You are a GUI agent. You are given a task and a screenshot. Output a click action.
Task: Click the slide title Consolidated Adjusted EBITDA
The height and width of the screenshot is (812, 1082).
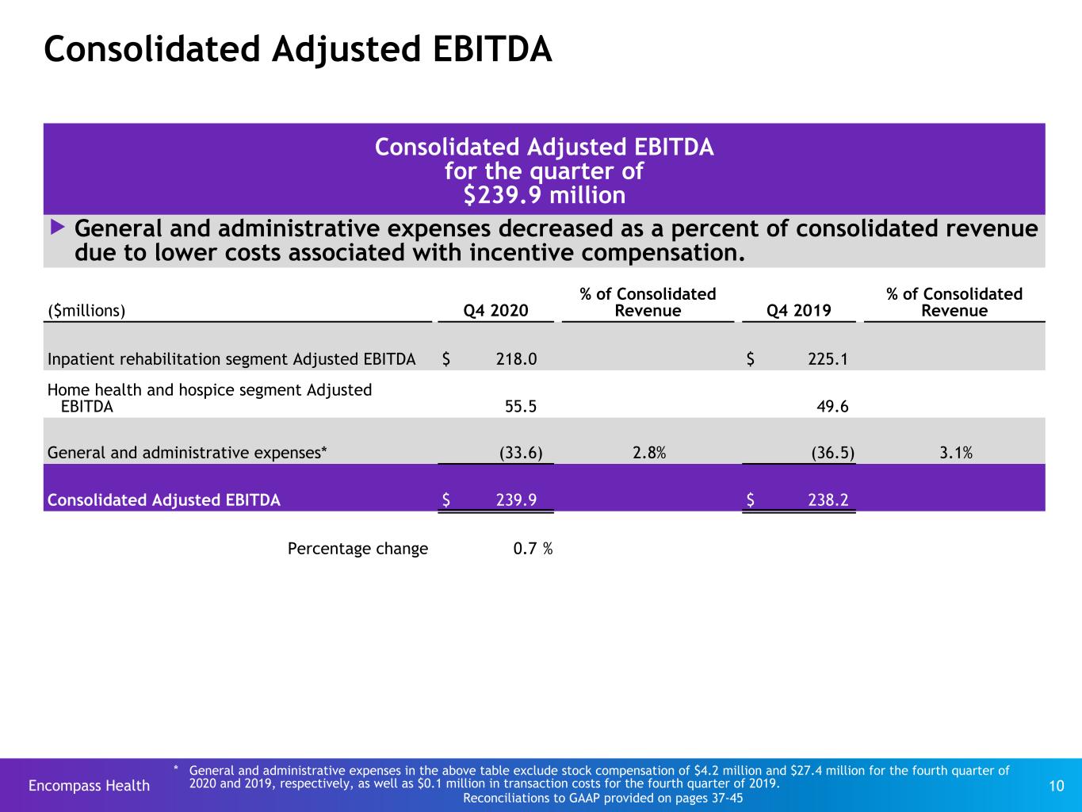tap(298, 50)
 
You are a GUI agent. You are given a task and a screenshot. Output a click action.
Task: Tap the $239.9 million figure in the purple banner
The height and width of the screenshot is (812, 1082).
tap(545, 195)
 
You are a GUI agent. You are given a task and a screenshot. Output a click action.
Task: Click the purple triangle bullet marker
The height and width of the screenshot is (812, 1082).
tap(58, 228)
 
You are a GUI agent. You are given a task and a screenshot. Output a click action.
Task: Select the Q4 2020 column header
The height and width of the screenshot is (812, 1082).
tap(495, 310)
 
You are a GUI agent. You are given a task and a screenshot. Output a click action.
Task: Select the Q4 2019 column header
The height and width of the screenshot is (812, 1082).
tap(798, 310)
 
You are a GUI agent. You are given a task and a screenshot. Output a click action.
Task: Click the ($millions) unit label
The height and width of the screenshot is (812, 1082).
tap(86, 311)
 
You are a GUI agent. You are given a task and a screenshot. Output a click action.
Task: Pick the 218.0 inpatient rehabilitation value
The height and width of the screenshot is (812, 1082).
tap(516, 359)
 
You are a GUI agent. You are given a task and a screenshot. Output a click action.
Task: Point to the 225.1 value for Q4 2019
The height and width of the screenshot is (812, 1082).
tap(828, 359)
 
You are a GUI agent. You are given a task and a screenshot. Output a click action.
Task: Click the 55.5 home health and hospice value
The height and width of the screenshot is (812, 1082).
tap(521, 406)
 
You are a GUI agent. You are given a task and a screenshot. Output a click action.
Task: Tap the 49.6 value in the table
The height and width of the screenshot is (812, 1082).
tap(832, 406)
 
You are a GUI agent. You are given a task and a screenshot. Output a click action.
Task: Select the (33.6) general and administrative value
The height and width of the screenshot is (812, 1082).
tap(521, 453)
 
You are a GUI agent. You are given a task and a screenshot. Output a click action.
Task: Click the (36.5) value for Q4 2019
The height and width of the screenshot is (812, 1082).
tap(832, 453)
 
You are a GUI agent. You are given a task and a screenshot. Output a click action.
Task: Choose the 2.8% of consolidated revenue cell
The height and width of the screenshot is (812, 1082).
tap(649, 453)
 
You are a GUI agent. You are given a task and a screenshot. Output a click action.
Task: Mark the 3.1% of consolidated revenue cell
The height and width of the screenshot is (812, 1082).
tap(956, 453)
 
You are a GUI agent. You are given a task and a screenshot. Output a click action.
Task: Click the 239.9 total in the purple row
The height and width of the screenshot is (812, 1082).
tap(516, 500)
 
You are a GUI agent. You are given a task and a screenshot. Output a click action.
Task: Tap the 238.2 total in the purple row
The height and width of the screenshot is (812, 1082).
tap(828, 500)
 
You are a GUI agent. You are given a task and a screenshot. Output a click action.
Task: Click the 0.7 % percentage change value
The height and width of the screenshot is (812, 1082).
tap(533, 548)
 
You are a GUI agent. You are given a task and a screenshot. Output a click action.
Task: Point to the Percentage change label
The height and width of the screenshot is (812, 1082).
tap(357, 549)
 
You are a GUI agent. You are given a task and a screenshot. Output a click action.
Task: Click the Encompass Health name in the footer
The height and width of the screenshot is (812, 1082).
tap(89, 785)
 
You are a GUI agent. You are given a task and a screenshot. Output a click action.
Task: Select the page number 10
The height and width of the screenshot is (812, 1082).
tap(1057, 786)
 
